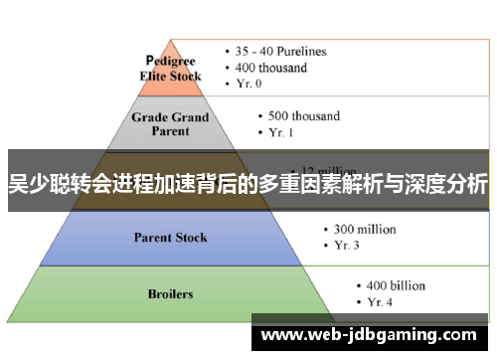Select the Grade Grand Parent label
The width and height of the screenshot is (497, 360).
(x=171, y=122)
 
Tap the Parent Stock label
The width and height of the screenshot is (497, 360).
(x=171, y=237)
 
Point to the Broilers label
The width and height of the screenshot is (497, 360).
(x=171, y=293)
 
